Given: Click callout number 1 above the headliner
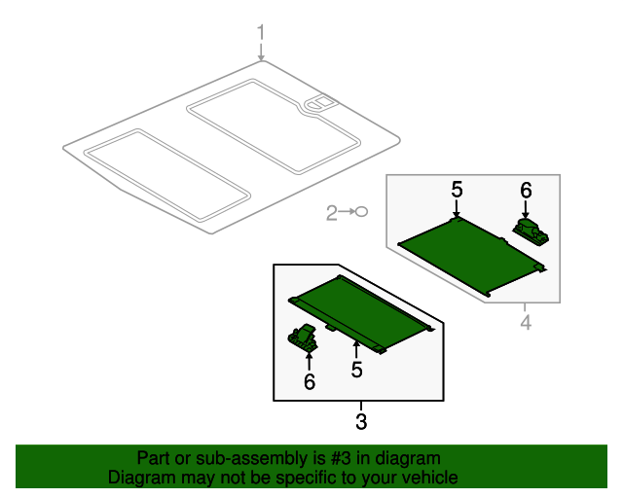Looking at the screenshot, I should [x=261, y=35].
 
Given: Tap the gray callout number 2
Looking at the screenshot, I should [x=331, y=212].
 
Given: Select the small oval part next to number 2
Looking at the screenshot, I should [x=360, y=212].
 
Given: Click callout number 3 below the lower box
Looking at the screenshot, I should [x=361, y=422].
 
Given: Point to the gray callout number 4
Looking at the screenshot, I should [x=525, y=322].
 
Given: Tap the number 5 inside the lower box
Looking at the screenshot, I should [x=357, y=370].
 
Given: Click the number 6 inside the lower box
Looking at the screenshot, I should [x=310, y=382].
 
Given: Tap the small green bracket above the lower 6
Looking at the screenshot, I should [x=304, y=337].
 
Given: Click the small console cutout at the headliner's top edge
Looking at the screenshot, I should [x=319, y=102].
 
